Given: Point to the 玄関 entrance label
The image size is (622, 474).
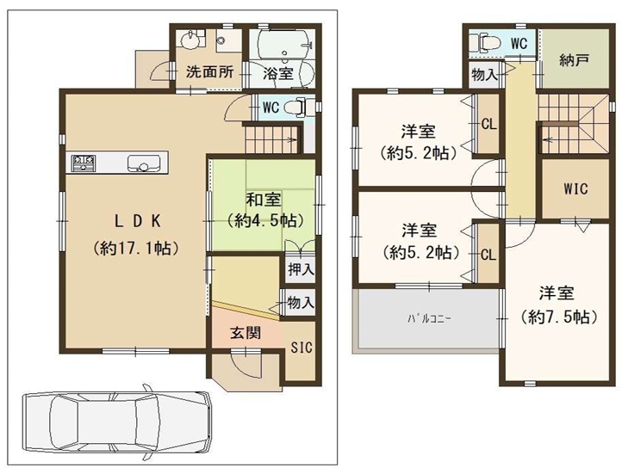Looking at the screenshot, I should pos(245,333).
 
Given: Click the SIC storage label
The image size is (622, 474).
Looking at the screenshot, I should pos(300,348).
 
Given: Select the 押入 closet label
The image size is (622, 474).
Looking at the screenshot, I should pos(301,270).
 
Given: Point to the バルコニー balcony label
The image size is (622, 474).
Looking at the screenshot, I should pos(429,319).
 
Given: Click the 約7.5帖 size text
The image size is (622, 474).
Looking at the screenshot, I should pos(560,317).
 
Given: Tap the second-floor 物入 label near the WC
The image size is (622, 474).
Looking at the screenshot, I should pos(484,76).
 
